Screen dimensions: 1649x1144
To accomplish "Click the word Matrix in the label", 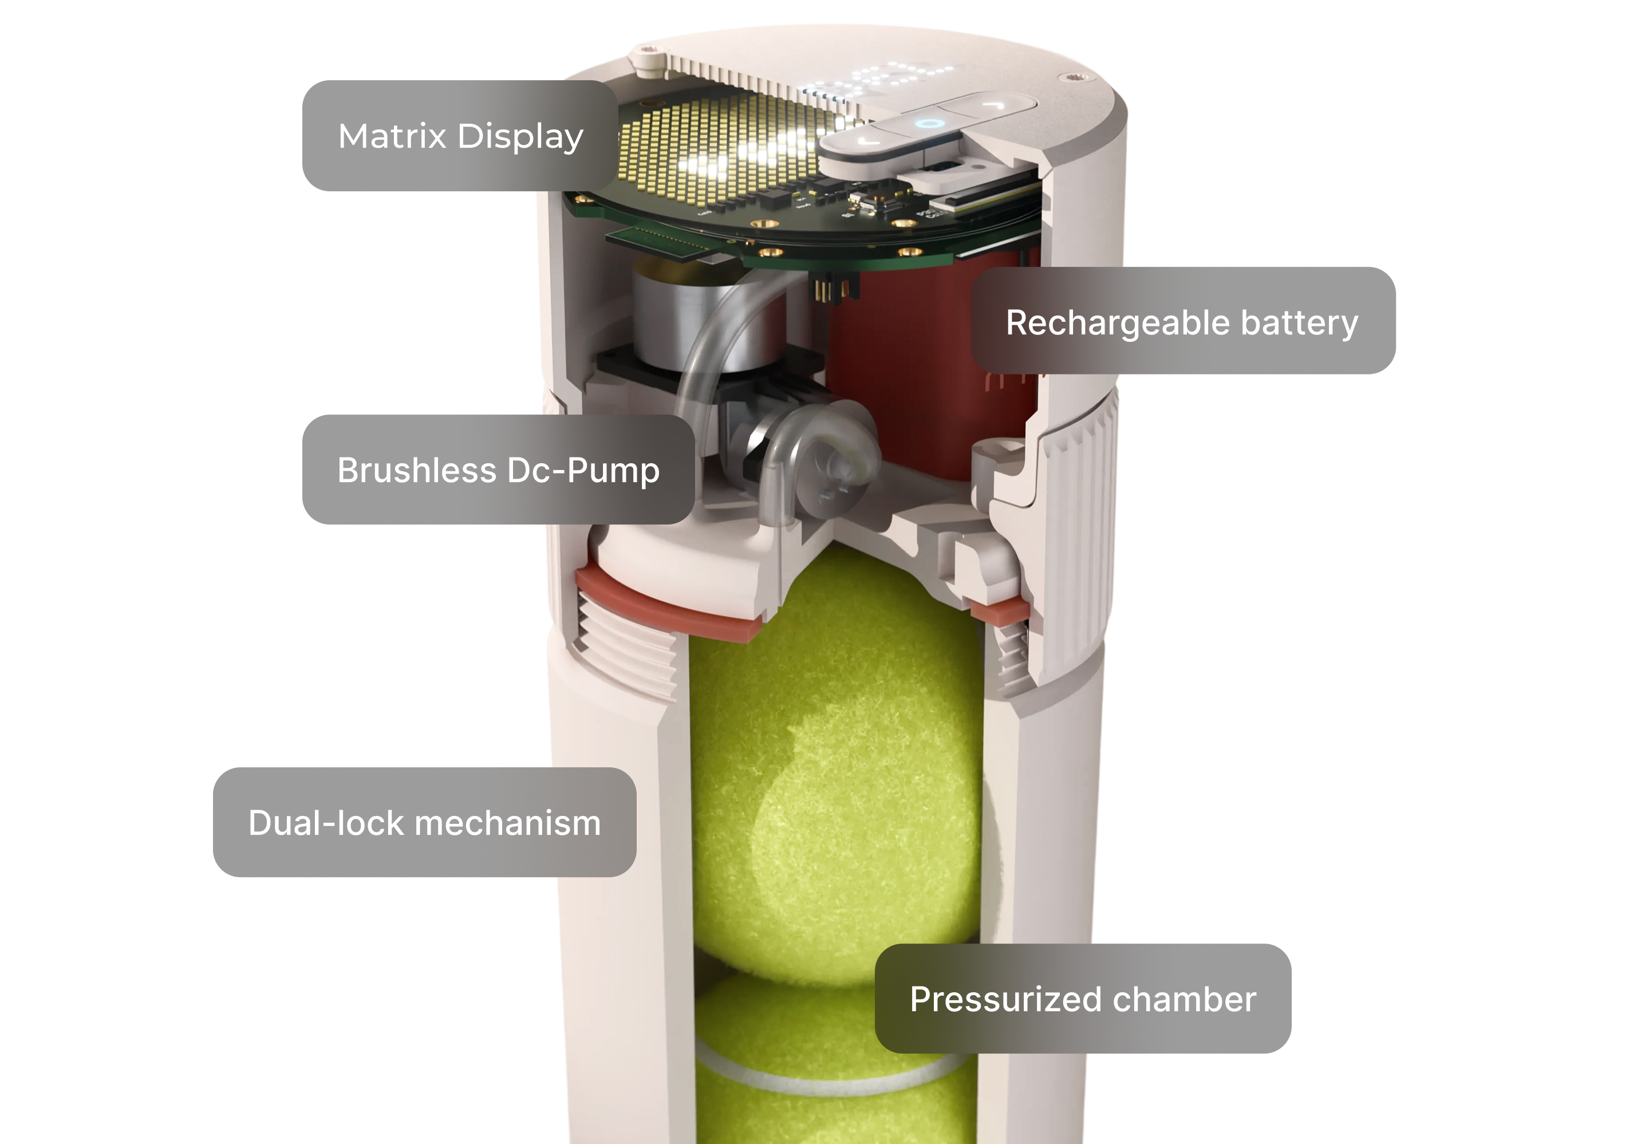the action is click(392, 136).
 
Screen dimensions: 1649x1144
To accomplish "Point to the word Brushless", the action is click(416, 470).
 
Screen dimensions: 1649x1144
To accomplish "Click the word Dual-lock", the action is click(326, 822).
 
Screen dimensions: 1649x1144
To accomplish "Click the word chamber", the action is click(1184, 999).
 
